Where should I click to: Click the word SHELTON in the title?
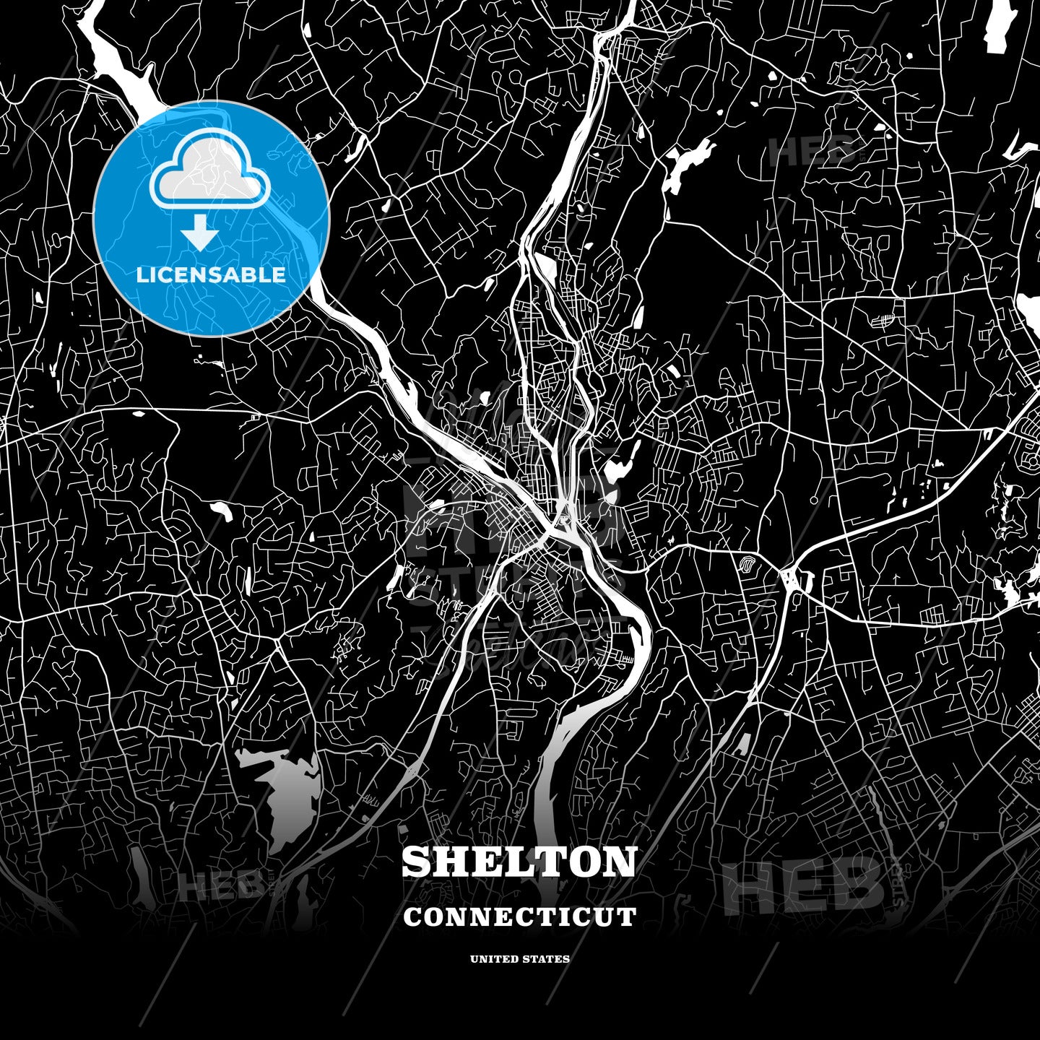(x=519, y=861)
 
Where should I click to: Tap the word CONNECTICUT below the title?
(x=519, y=916)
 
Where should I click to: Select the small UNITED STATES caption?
(x=519, y=959)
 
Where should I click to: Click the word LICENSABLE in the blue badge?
(x=211, y=274)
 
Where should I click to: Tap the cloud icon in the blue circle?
(x=209, y=173)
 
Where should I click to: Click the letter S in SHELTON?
(x=417, y=861)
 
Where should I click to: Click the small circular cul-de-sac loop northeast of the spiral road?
(x=814, y=499)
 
